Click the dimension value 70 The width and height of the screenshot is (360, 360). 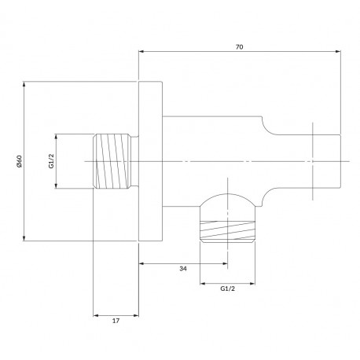click(x=239, y=47)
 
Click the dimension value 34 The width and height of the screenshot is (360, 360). click(x=183, y=269)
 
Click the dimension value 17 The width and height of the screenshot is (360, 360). click(x=116, y=321)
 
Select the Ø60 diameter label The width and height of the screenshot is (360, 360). click(x=20, y=161)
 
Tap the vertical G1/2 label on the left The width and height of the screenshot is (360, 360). click(x=52, y=161)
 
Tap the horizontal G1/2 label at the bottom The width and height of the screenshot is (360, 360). click(x=227, y=288)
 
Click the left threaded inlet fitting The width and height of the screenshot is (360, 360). click(x=112, y=161)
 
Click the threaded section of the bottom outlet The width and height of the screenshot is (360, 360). click(x=227, y=230)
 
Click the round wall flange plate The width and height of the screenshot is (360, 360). click(x=150, y=161)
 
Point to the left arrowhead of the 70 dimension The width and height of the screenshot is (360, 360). click(x=141, y=52)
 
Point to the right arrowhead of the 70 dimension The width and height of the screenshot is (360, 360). click(x=338, y=52)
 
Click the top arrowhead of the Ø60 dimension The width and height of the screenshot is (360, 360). click(x=24, y=85)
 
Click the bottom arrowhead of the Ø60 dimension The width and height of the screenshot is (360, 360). click(x=24, y=237)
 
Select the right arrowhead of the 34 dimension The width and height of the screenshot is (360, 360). click(x=225, y=263)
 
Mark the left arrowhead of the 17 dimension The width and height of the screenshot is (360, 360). click(x=97, y=315)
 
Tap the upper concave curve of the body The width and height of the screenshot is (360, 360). click(x=266, y=129)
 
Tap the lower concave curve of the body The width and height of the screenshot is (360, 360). click(x=266, y=194)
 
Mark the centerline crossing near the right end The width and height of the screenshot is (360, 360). click(x=313, y=161)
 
